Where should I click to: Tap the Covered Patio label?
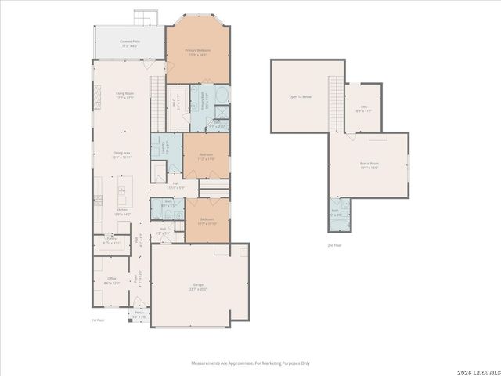129,43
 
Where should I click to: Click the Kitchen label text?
122,211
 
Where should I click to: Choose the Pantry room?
112,241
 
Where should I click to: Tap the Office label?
112,280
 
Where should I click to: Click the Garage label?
199,286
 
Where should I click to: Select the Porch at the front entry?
139,315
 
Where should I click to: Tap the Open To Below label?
301,96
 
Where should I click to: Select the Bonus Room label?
369,165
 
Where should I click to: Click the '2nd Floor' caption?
334,245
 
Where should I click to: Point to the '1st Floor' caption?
98,320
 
